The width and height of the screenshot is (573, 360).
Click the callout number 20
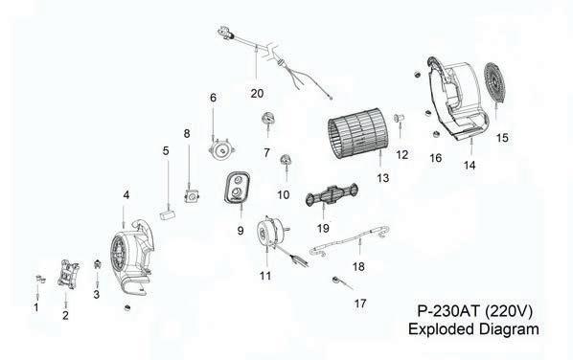[257, 94]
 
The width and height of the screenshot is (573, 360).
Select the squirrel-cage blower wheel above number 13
[355, 133]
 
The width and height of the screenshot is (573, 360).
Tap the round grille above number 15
[494, 83]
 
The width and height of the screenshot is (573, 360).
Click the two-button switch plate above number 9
[238, 187]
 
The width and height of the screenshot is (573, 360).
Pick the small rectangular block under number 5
[168, 214]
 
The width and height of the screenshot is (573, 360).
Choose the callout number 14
[470, 166]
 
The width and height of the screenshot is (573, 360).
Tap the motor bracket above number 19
[332, 194]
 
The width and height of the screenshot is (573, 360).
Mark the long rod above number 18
[350, 240]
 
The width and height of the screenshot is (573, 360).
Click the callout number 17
[360, 304]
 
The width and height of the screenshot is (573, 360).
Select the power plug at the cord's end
[225, 33]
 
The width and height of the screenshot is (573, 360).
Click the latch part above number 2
[69, 274]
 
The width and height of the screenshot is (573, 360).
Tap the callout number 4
[126, 195]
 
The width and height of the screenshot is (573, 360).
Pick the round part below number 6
[220, 149]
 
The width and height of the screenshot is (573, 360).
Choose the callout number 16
[436, 158]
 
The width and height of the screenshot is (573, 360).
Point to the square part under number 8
[191, 196]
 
